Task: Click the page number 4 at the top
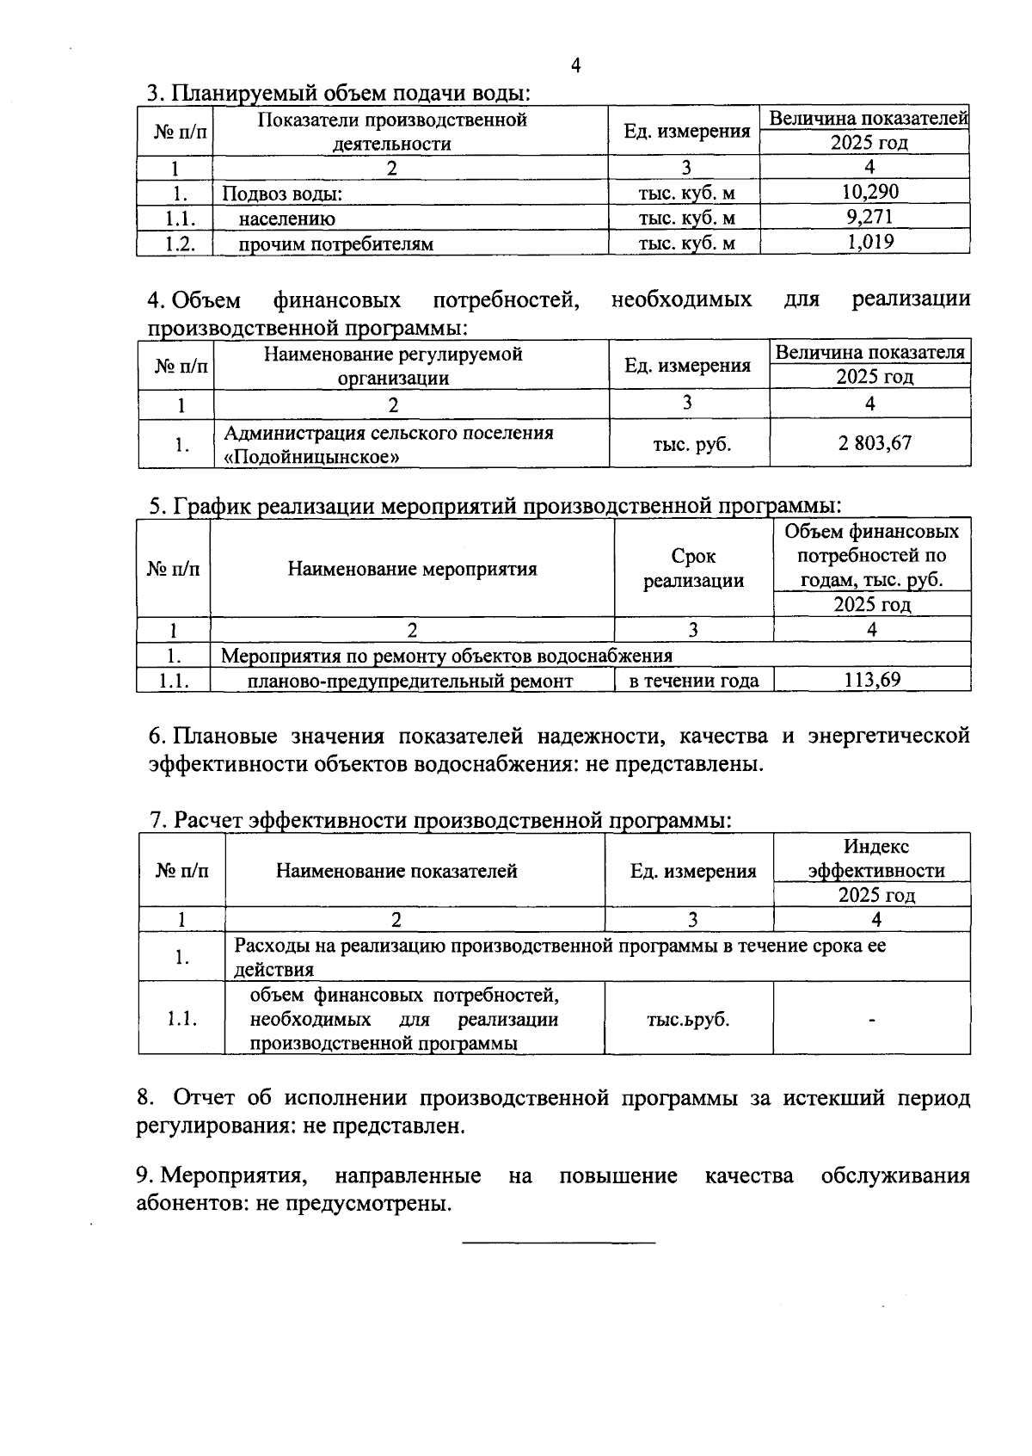coord(575,66)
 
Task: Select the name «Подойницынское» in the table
coord(311,457)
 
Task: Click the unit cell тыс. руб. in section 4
coord(692,445)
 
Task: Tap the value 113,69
coord(872,680)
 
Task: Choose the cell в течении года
coord(694,682)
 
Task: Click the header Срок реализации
coord(693,569)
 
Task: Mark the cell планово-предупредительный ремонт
coord(410,682)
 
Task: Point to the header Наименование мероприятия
coord(412,569)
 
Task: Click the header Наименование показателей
coord(396,871)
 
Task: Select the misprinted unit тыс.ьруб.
coord(688,1020)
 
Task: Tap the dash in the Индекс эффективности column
coord(872,1020)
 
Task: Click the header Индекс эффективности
coord(876,859)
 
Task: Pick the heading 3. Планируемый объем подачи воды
coord(338,93)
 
